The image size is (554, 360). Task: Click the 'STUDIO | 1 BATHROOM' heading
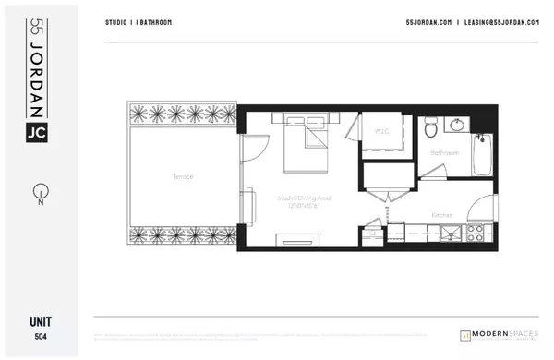(138, 22)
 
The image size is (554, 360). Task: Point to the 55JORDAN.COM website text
(426, 22)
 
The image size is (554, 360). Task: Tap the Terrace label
(182, 176)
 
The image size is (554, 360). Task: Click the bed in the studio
(301, 145)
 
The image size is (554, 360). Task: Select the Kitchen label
(442, 215)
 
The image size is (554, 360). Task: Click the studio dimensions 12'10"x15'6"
(298, 204)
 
